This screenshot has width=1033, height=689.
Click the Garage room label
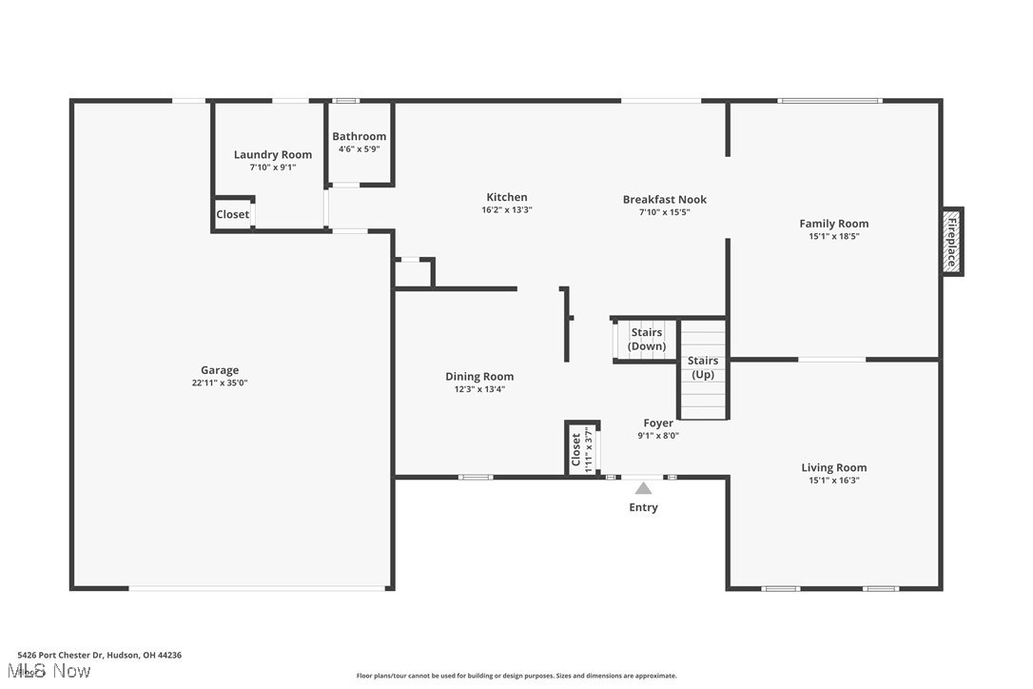point(220,370)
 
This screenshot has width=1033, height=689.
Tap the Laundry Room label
point(273,154)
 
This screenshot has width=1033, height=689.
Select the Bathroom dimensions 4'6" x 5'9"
point(359,148)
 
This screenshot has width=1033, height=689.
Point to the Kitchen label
point(506,197)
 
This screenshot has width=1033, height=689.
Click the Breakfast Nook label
point(665,199)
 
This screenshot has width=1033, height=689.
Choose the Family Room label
point(833,224)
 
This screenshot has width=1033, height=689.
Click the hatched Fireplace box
point(951,242)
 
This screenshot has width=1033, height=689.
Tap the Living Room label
point(833,467)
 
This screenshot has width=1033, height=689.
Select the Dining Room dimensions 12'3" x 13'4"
point(479,389)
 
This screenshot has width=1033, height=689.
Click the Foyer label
point(658,423)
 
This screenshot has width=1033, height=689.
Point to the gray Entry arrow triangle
point(644,488)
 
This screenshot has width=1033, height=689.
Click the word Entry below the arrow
point(643,507)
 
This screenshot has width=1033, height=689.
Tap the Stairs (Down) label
point(647,339)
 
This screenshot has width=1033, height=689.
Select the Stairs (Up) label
point(703,367)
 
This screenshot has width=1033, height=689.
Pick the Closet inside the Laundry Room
point(233,214)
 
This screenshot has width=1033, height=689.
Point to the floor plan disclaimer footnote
point(516,676)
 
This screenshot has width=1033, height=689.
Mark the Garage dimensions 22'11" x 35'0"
point(220,383)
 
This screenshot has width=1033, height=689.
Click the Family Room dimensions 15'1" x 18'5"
point(833,237)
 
